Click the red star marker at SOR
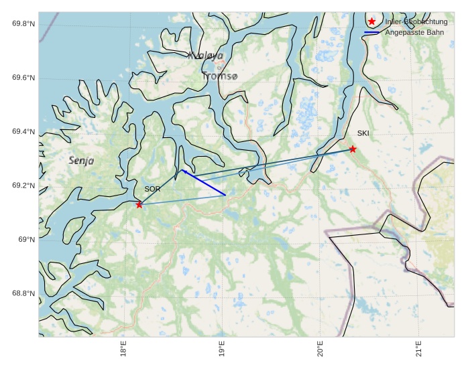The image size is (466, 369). (139, 204)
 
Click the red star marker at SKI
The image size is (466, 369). (353, 149)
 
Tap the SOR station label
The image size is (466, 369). (152, 190)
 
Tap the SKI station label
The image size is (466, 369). (363, 133)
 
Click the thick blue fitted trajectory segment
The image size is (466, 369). (204, 183)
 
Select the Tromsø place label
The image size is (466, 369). (219, 76)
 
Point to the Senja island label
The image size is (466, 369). (81, 161)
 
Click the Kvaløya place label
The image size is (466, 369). (205, 56)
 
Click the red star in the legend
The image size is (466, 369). (372, 21)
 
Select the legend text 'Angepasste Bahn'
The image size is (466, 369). (416, 32)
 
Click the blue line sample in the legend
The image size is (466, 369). (372, 32)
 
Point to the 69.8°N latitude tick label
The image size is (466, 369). (23, 24)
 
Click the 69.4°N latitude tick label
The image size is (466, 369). (23, 132)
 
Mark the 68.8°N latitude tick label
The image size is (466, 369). (23, 293)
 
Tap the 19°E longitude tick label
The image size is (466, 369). (222, 350)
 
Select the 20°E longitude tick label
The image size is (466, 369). (321, 350)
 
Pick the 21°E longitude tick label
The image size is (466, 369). (418, 350)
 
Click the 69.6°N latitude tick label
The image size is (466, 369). (23, 78)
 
